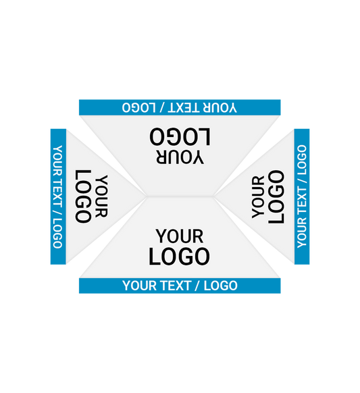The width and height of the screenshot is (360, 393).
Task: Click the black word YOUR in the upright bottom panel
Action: tap(180, 236)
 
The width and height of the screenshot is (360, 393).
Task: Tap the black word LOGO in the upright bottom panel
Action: tap(179, 257)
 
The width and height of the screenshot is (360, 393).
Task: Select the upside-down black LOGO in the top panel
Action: tap(180, 136)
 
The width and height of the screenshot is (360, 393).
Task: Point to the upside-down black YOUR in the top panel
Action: tap(180, 157)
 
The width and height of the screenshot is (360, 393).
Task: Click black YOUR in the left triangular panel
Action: tap(102, 196)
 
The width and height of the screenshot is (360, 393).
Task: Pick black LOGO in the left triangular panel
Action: tap(83, 196)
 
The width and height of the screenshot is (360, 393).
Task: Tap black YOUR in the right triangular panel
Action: tap(258, 197)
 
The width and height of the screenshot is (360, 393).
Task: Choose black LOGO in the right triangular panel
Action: tap(276, 196)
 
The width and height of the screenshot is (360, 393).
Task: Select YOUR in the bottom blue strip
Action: tap(140, 286)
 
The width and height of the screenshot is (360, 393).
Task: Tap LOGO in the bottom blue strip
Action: tap(221, 286)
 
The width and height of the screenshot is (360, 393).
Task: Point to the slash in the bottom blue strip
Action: tap(198, 286)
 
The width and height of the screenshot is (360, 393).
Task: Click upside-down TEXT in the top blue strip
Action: tap(184, 107)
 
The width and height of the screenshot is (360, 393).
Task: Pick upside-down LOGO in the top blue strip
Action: tap(139, 107)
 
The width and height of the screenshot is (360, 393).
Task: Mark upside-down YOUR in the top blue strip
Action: tap(220, 107)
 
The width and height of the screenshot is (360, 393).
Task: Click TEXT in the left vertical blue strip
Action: tap(57, 192)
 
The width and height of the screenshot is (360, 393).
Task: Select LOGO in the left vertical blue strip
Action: tap(57, 234)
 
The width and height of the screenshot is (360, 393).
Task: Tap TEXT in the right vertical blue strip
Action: tap(302, 201)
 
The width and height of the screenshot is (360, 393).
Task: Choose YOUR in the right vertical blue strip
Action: tap(302, 233)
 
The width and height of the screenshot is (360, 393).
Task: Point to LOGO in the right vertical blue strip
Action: tap(302, 160)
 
